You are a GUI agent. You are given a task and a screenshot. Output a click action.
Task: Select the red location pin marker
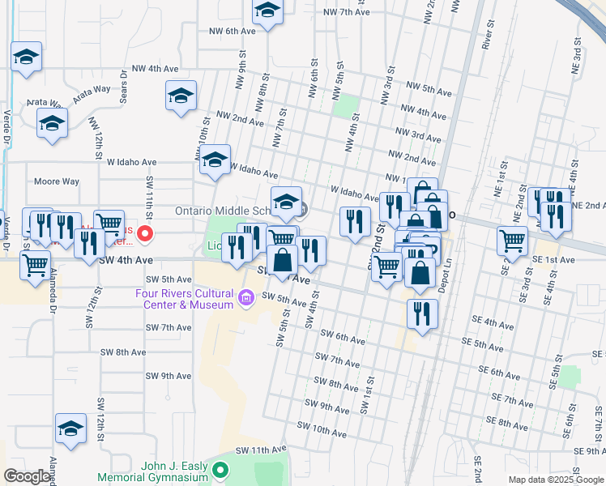click(145, 234)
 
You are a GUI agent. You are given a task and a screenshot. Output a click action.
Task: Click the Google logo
click(26, 476)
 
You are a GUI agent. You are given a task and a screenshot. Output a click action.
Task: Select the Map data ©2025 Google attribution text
click(556, 480)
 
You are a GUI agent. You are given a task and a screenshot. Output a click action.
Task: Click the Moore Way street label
click(57, 181)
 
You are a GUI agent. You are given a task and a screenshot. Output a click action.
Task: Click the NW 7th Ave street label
click(346, 12)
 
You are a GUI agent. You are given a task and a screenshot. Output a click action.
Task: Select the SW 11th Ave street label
click(262, 450)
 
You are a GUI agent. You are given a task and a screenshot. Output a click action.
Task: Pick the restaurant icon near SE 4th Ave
click(421, 313)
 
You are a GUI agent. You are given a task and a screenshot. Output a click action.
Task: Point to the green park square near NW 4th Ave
click(346, 106)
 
